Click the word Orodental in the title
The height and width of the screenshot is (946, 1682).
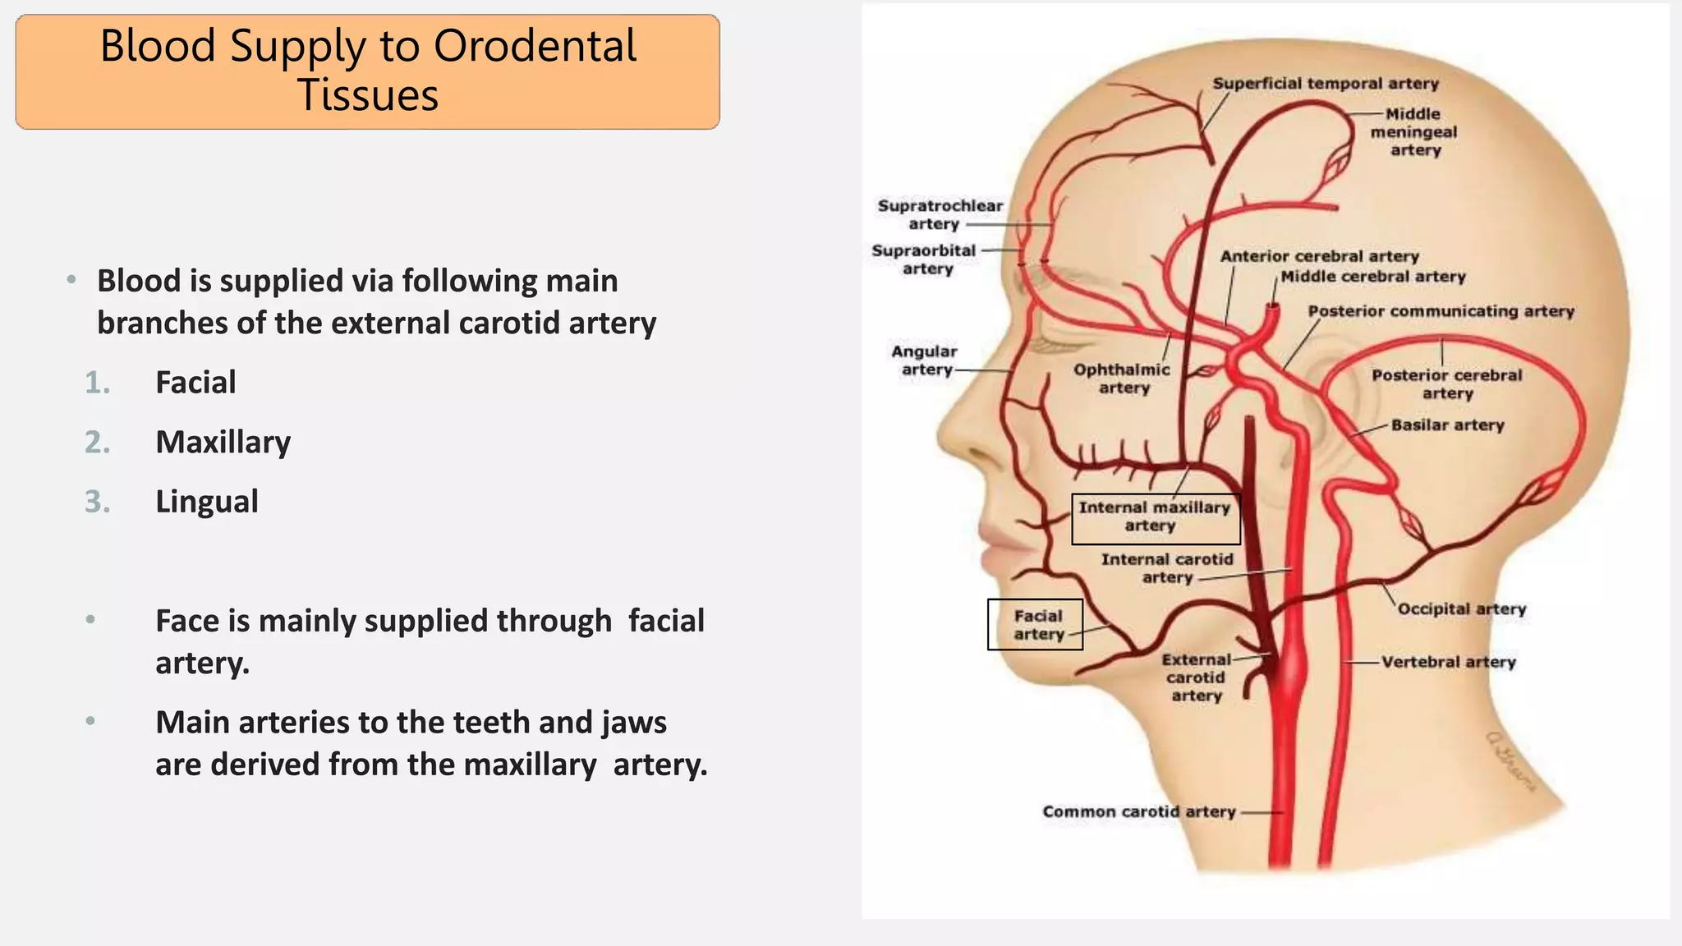(x=535, y=46)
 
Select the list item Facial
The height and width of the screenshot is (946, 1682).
(x=195, y=383)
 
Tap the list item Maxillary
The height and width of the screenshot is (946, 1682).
(x=223, y=443)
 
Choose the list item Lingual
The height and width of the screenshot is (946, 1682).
(x=207, y=502)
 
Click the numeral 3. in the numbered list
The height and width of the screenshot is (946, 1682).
(x=98, y=502)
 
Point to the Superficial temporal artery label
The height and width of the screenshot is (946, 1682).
(x=1326, y=84)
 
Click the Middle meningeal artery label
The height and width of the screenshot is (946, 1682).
(x=1413, y=132)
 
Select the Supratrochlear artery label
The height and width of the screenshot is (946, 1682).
(x=940, y=214)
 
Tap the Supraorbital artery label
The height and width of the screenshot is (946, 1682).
(x=925, y=259)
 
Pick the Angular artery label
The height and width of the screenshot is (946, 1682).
(x=925, y=360)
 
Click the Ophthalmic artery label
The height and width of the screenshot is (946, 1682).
(x=1122, y=379)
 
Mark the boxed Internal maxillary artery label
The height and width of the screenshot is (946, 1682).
(x=1155, y=517)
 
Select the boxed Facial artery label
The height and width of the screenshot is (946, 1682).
(x=1037, y=625)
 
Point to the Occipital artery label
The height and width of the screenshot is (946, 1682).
(x=1462, y=609)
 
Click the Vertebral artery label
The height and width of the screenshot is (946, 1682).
(x=1448, y=662)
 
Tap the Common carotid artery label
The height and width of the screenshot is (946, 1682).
(x=1139, y=811)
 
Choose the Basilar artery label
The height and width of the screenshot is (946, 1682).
(x=1447, y=425)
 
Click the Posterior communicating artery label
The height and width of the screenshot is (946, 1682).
(x=1441, y=311)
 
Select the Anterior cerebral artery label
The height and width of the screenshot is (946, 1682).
(x=1319, y=256)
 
